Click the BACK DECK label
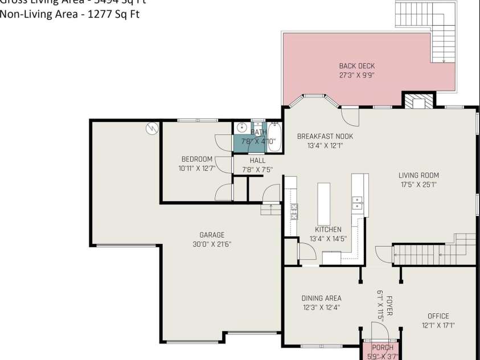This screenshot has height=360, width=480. [x=356, y=66]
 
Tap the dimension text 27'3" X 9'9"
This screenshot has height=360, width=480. [x=356, y=75]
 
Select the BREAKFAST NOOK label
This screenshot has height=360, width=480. [x=325, y=137]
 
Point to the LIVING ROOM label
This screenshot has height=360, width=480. [x=419, y=175]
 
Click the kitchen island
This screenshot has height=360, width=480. [x=324, y=203]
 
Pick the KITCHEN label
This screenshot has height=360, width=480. [x=328, y=230]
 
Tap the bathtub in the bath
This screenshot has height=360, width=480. [x=275, y=137]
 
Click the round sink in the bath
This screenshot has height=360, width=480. [x=242, y=128]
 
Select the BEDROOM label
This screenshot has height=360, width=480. [x=197, y=159]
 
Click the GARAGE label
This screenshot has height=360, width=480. [x=212, y=235]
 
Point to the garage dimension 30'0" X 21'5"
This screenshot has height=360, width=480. [x=212, y=244]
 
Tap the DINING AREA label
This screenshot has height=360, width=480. [x=321, y=298]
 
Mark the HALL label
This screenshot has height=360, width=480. [x=257, y=161]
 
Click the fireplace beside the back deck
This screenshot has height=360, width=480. [x=419, y=101]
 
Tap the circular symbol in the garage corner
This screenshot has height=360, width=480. [x=151, y=128]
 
